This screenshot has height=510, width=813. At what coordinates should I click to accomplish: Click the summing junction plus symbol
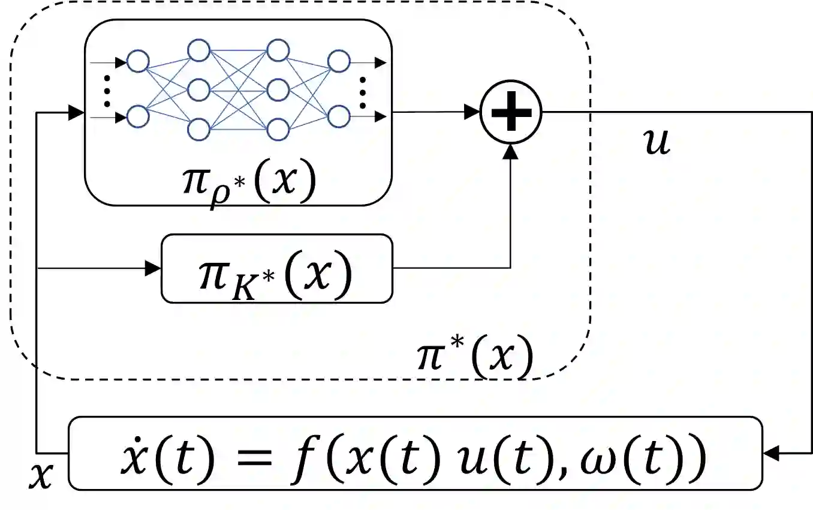(x=511, y=112)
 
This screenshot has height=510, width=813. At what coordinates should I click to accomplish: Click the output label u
(x=657, y=143)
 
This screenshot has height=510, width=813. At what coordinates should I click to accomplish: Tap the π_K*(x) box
(x=276, y=268)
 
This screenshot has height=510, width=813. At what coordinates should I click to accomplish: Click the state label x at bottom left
(x=41, y=475)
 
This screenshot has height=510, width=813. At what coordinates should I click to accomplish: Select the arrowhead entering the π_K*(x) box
(x=153, y=268)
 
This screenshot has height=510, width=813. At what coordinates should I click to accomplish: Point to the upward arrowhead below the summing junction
(x=511, y=151)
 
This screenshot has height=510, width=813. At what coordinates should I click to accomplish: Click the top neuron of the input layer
(x=138, y=61)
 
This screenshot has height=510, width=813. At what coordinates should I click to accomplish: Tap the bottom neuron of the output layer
(x=339, y=115)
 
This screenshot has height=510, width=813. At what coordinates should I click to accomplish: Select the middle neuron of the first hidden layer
(x=198, y=91)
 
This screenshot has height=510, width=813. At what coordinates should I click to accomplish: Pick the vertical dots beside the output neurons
(x=362, y=90)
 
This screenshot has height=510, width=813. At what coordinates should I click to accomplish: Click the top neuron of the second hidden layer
(x=278, y=50)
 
